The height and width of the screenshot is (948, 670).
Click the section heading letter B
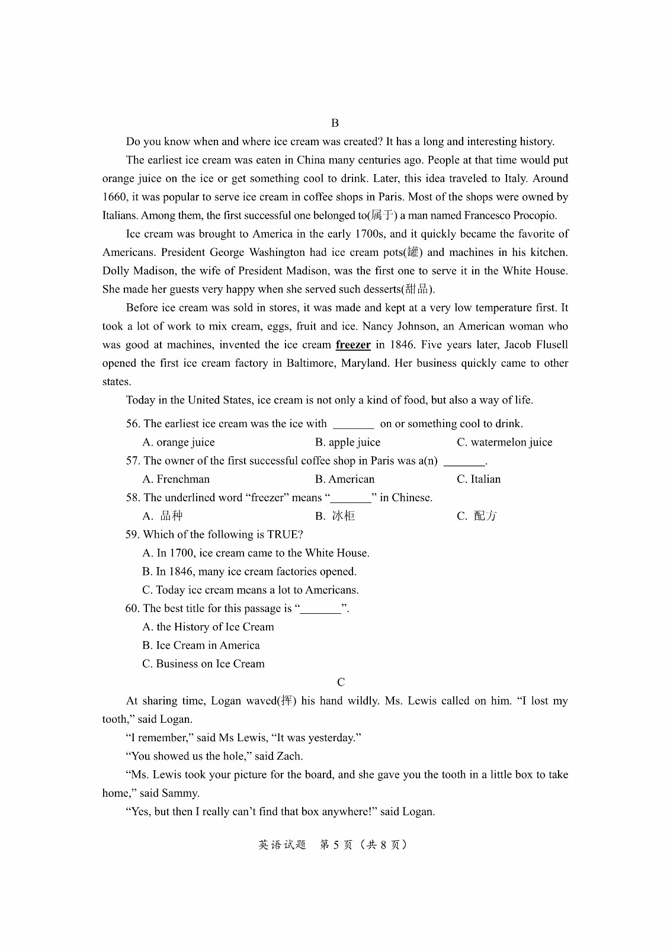coord(335,123)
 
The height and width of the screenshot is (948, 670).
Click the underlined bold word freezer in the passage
coord(353,345)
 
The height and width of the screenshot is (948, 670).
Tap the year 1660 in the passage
coord(114,197)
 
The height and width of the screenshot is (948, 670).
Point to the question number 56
coord(133,424)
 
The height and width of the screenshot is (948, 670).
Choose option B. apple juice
coord(348,442)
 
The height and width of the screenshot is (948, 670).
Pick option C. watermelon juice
coord(504,442)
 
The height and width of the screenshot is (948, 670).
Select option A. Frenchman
coord(176,479)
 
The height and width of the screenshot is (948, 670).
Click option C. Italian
coord(479,479)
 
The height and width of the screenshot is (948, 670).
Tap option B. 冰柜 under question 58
coord(335,516)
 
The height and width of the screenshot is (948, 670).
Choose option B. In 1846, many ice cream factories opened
coord(249,572)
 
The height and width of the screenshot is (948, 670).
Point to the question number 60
coord(132,608)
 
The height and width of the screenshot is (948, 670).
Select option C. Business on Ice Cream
coord(203,664)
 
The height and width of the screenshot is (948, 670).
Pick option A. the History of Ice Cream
coord(208,627)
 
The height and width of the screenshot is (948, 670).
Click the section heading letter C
coord(341,682)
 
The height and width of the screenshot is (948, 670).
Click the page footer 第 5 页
coord(336,845)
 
